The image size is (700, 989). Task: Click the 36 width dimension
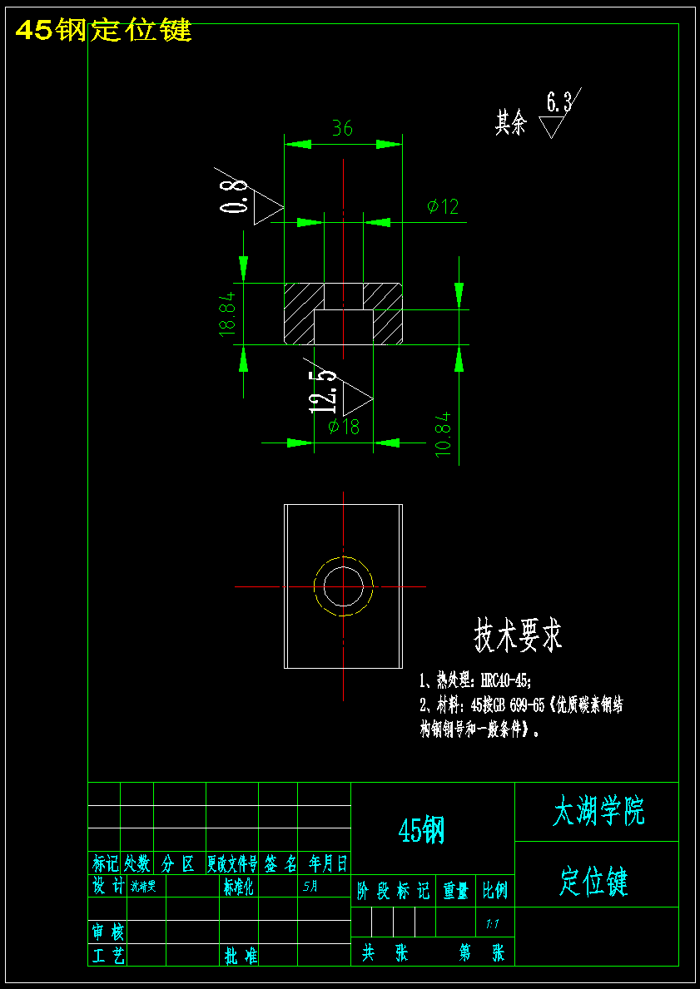[x=342, y=128]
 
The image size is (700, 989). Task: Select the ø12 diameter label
[x=443, y=206]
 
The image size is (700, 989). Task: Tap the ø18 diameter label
[x=344, y=427]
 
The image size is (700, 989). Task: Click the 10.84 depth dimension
[x=443, y=432]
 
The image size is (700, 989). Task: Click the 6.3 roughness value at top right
[x=559, y=102]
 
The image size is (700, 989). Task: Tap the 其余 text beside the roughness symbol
[x=511, y=124]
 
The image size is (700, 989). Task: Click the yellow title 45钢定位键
[x=104, y=30]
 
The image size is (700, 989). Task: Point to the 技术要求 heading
[x=518, y=635]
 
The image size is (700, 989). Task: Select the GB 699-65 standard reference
[x=519, y=705]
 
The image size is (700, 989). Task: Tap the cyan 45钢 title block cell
[x=422, y=829]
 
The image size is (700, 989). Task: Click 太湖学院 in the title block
[x=598, y=811]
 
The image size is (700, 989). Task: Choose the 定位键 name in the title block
[x=593, y=881]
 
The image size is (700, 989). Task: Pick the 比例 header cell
[x=495, y=892]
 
